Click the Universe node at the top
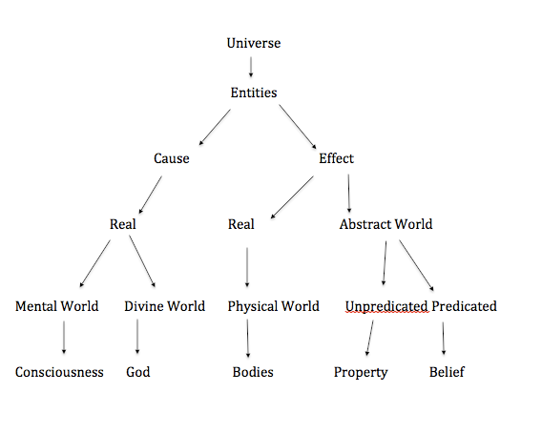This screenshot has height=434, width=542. (x=254, y=43)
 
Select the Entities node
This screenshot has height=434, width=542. (x=254, y=93)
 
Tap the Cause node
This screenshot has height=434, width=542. (x=172, y=158)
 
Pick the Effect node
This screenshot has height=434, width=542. (x=336, y=158)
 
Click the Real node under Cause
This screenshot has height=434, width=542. (x=123, y=224)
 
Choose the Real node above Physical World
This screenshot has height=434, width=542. (x=240, y=224)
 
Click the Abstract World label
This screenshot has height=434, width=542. (x=386, y=224)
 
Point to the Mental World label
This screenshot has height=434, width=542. (x=57, y=306)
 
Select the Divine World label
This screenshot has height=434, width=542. (x=164, y=306)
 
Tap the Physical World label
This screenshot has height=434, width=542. (x=274, y=306)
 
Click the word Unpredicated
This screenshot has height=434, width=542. (x=386, y=306)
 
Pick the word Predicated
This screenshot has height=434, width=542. (x=464, y=306)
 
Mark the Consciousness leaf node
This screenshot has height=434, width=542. (x=59, y=372)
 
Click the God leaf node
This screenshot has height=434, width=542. (x=138, y=372)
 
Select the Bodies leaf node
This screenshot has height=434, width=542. (x=253, y=372)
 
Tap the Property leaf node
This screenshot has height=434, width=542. (x=361, y=373)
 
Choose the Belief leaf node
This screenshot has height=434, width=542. (x=447, y=372)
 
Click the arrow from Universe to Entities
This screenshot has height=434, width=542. (x=251, y=67)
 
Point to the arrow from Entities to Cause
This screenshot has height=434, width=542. (x=215, y=127)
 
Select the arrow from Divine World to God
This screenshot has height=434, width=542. (x=137, y=336)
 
